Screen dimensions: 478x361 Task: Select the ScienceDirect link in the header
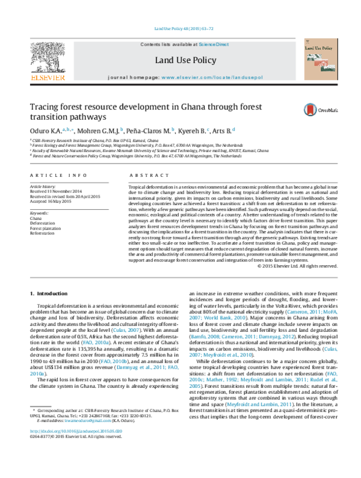[x=214, y=44]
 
